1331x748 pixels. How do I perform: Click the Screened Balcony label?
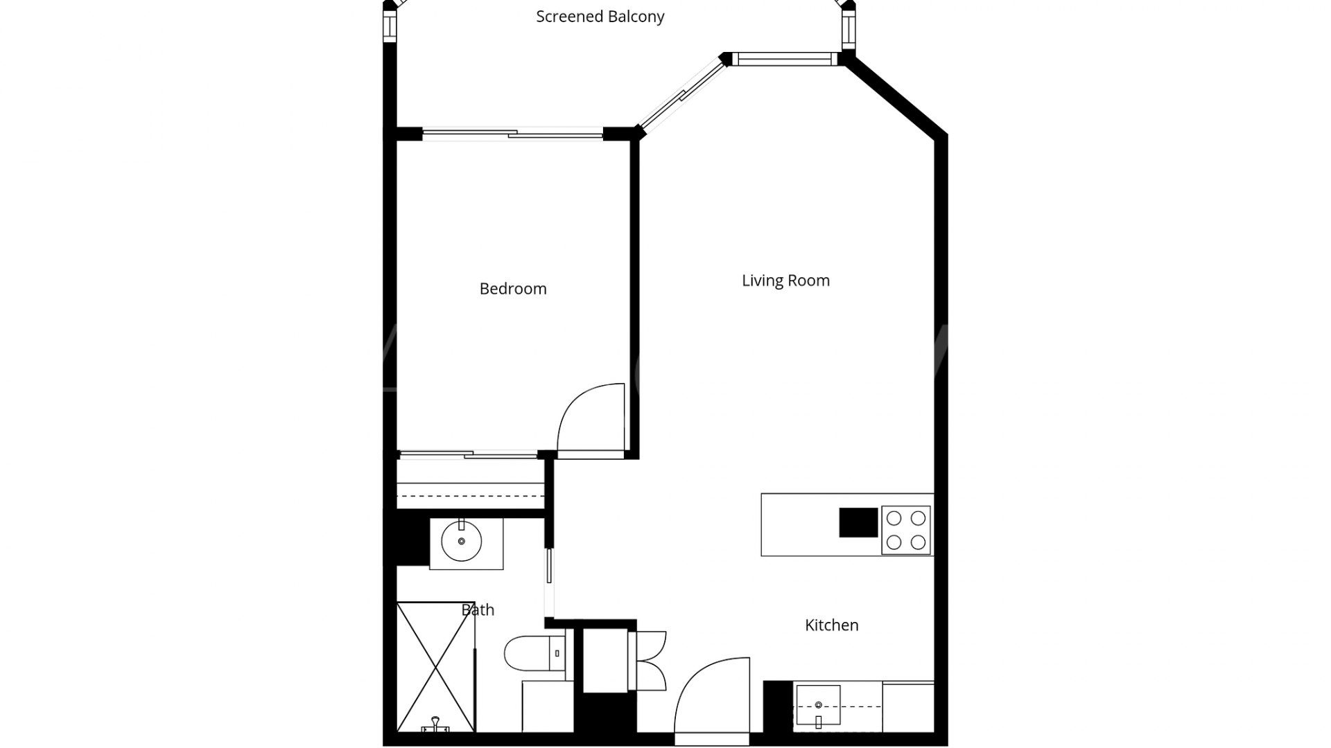tap(600, 17)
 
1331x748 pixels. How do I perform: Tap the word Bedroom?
tap(513, 289)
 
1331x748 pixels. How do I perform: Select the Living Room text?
tap(785, 280)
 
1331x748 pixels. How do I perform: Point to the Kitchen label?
tap(831, 625)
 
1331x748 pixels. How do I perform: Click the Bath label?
tap(478, 610)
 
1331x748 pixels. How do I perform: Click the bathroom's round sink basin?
tap(462, 542)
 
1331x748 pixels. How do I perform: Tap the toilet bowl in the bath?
tap(525, 653)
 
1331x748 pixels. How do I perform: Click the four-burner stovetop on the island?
tap(906, 530)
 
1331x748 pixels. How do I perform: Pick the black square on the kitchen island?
tap(858, 523)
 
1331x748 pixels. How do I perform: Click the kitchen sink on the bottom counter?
tap(818, 705)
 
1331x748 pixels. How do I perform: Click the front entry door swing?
tap(711, 696)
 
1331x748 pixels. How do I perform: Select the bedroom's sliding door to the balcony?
tap(513, 134)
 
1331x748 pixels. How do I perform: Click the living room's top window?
tap(785, 60)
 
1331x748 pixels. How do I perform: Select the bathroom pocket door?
tap(549, 575)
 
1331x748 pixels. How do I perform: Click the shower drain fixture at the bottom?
tap(435, 724)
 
